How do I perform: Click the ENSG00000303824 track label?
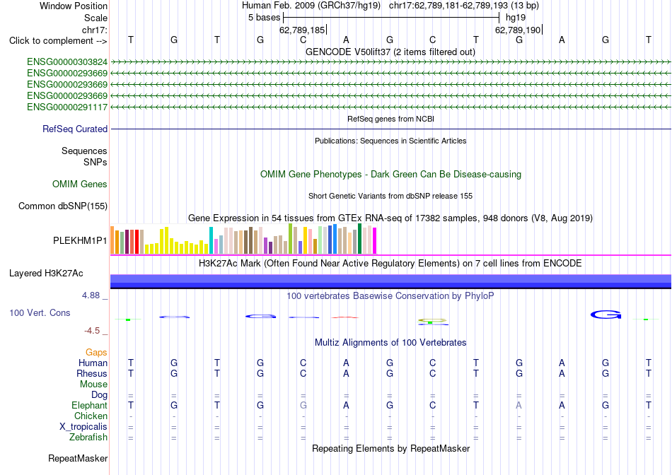click(67, 62)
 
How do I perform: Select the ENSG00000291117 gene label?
click(67, 107)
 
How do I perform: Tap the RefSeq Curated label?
click(75, 129)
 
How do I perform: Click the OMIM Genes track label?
click(80, 184)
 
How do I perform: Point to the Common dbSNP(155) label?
click(63, 206)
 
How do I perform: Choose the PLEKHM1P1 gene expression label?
click(80, 241)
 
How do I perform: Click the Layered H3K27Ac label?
click(46, 274)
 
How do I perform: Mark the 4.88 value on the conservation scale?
click(91, 295)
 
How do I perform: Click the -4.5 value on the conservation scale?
click(92, 331)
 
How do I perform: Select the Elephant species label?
click(90, 405)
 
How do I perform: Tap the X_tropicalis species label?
click(83, 427)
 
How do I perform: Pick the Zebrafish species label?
click(88, 438)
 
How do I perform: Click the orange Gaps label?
click(96, 352)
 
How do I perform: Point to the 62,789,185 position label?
click(302, 30)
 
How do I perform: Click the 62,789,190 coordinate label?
click(518, 30)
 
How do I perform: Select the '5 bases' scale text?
click(264, 18)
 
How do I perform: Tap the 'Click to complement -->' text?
click(58, 41)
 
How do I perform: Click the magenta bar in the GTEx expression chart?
click(375, 241)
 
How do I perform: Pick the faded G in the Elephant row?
click(303, 405)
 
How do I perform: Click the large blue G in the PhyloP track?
click(606, 315)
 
